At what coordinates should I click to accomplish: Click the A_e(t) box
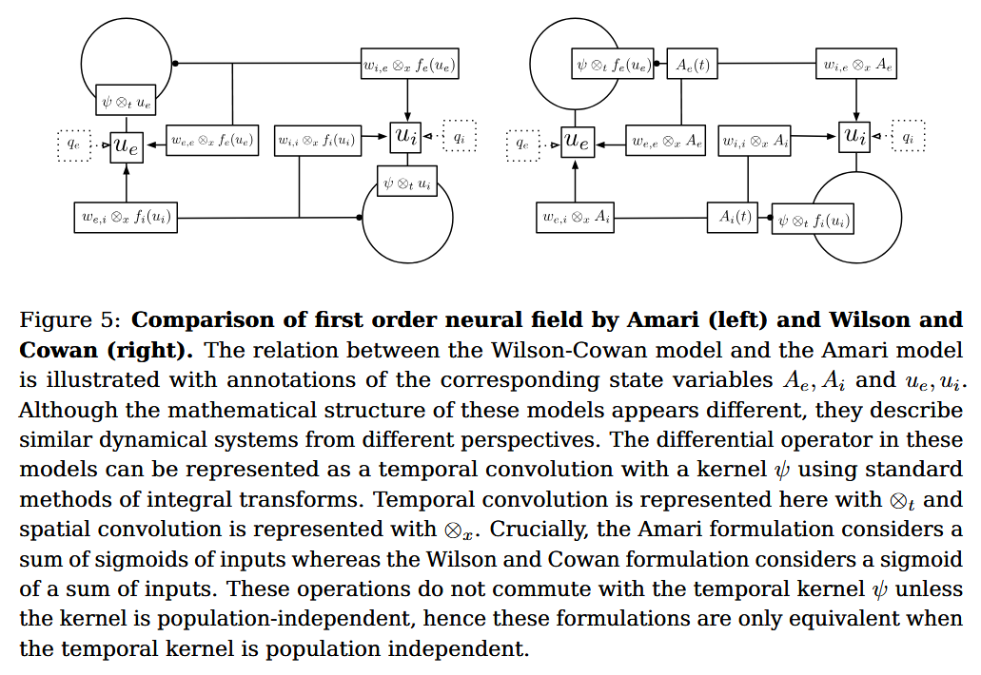[x=692, y=66]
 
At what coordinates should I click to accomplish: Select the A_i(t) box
[x=732, y=218]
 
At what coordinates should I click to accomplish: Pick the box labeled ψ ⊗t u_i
[x=407, y=181]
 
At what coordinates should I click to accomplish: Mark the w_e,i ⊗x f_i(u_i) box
[x=126, y=218]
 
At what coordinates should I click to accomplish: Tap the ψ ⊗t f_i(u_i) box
[x=813, y=221]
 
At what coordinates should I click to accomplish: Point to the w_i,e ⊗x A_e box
[x=857, y=66]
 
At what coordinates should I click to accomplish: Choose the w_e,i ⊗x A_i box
[x=577, y=218]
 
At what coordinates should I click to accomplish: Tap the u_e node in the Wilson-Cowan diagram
[x=577, y=143]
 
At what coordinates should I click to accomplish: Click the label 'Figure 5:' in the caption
[x=69, y=319]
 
